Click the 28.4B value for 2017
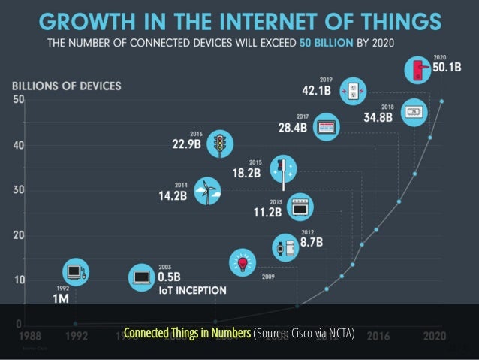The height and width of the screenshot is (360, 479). tap(293, 129)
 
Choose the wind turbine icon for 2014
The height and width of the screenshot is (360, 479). tap(206, 190)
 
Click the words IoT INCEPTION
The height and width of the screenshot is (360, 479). tap(191, 289)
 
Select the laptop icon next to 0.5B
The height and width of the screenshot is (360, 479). tap(141, 277)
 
